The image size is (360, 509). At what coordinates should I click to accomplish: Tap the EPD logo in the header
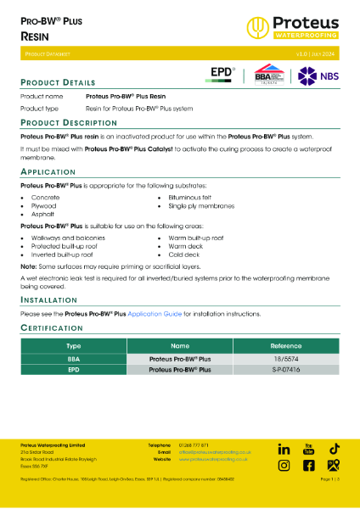222,75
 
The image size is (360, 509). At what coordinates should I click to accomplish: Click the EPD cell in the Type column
72,371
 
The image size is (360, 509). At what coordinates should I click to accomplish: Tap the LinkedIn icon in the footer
284,449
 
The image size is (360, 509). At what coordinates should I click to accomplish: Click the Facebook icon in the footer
309,466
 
